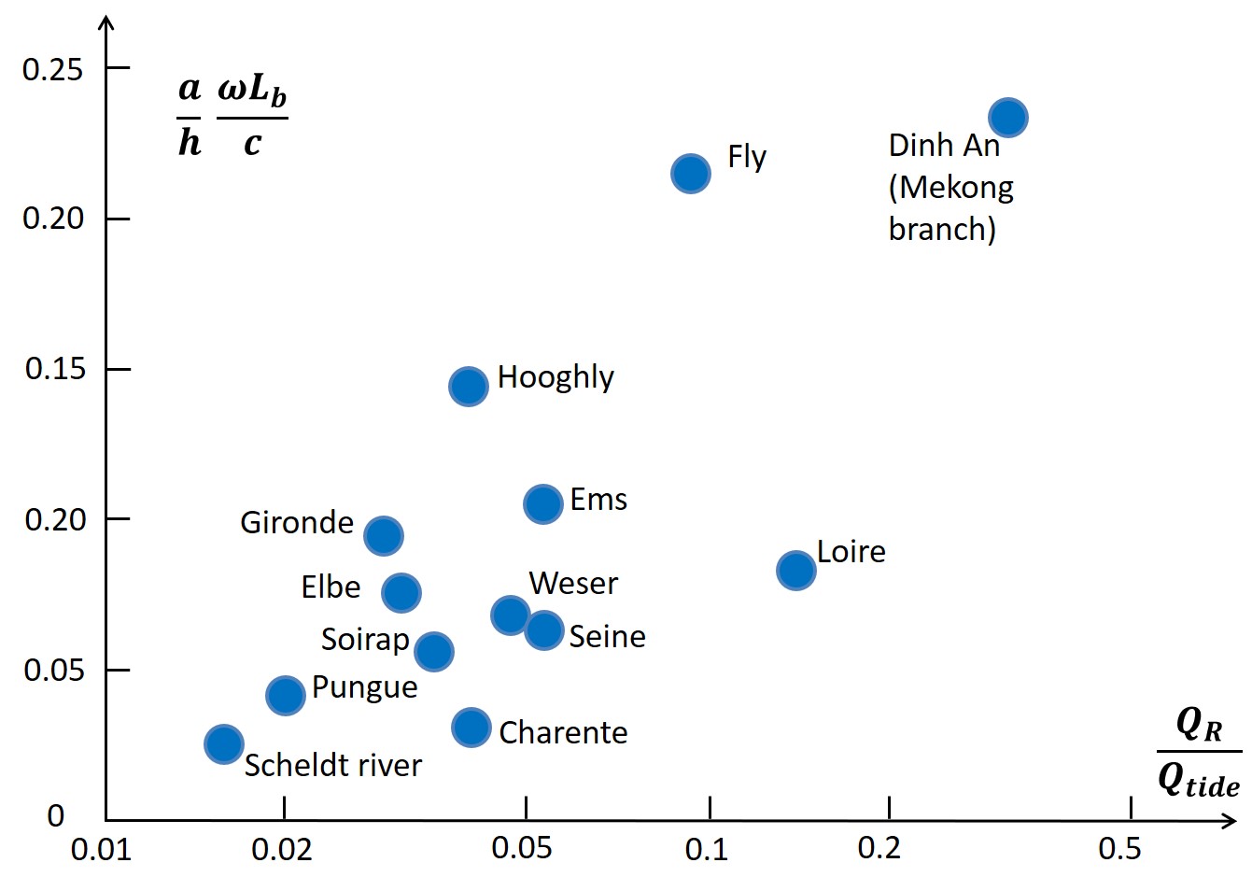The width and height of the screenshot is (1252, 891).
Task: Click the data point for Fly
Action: coord(691,174)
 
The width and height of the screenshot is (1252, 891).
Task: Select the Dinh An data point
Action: coord(1008,118)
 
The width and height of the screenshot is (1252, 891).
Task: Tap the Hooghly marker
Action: coord(469,386)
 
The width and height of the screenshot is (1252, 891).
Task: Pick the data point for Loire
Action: coord(796,570)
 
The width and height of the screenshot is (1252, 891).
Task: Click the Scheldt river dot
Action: coord(224,744)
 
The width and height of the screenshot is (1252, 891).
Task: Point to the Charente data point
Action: coord(471,728)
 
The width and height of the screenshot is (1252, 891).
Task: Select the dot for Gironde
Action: coord(384,536)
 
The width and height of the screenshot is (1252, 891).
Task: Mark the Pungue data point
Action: coord(286,695)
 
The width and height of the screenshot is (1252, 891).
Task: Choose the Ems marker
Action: coord(543,504)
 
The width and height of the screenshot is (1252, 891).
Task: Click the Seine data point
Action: coord(544,630)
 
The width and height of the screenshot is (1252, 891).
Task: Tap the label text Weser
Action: coord(573,584)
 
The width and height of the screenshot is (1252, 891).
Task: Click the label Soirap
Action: coord(365,640)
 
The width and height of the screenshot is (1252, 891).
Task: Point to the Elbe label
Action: coord(331,587)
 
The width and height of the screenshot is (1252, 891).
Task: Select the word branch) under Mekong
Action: coord(942,230)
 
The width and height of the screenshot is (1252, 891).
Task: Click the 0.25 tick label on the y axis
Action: coord(52,69)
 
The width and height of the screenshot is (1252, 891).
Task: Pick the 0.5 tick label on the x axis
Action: coord(1119,849)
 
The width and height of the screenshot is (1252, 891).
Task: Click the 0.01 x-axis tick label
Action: coord(101,851)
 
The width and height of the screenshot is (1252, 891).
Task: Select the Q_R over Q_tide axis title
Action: coord(1199,752)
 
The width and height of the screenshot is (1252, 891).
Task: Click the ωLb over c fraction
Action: coord(252,117)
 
